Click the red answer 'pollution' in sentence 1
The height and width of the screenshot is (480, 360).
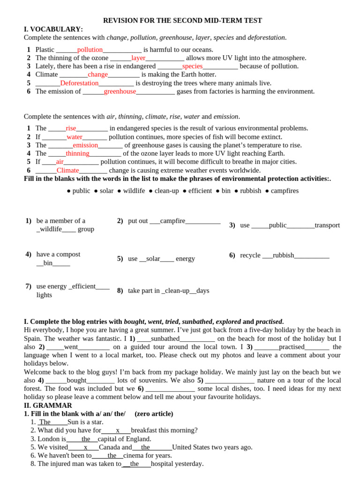(90, 50)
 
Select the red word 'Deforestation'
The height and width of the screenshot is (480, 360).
(79, 83)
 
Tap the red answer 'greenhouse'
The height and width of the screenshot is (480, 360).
(120, 91)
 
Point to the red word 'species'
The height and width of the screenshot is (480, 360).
(192, 66)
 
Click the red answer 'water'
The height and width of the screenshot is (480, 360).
(75, 137)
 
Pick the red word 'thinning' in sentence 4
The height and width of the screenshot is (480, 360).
(77, 153)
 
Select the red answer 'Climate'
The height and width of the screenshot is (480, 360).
(68, 170)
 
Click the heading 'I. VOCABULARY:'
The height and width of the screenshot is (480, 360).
(53, 29)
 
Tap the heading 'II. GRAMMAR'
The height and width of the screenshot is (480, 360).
(48, 405)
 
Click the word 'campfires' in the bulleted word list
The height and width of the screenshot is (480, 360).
(285, 191)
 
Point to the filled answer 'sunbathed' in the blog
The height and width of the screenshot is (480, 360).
(165, 338)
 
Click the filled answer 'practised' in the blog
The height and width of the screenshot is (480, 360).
(292, 347)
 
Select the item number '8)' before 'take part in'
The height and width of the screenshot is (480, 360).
(120, 291)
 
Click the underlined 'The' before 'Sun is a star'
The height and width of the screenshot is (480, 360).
(45, 422)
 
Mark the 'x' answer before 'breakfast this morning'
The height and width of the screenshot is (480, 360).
(118, 430)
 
